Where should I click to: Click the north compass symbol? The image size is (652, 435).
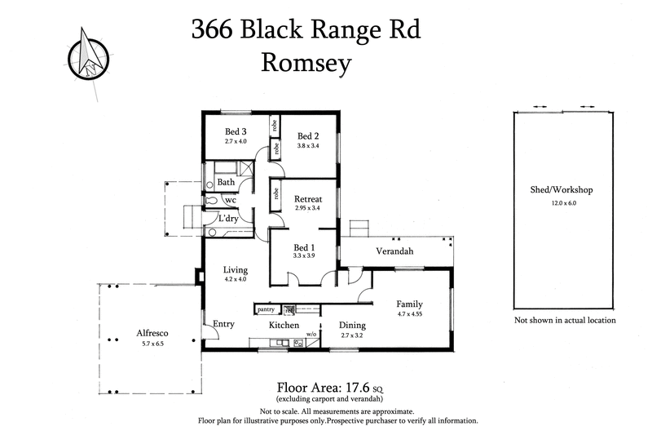(87, 51)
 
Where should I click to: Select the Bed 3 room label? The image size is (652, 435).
(236, 131)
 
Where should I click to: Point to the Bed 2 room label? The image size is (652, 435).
(308, 136)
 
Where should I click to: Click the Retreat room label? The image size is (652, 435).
(308, 198)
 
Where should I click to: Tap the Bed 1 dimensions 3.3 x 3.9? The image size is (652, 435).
(303, 255)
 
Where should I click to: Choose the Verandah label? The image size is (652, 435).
(394, 251)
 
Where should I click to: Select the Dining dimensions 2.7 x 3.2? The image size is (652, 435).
(352, 335)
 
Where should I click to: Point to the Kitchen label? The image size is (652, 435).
(285, 325)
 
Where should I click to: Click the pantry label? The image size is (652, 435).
(266, 309)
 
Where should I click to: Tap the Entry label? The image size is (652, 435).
(224, 324)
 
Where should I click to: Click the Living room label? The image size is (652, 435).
(236, 270)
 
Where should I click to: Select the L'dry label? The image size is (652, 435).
(229, 219)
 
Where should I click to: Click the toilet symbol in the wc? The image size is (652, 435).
(211, 199)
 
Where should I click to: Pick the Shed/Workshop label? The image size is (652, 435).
(561, 190)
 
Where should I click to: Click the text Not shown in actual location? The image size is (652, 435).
(565, 321)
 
